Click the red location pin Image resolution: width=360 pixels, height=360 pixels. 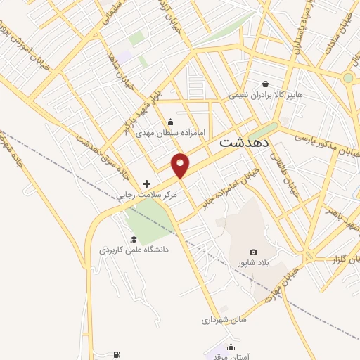point(181,165)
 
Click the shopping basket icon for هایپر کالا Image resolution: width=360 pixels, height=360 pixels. point(265,83)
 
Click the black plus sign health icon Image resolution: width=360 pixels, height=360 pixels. point(146,183)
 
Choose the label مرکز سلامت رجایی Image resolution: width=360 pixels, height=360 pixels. point(147,193)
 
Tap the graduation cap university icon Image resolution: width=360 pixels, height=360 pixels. point(133,240)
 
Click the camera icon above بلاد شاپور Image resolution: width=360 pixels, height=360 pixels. point(253,252)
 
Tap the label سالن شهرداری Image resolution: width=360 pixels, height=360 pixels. point(225,319)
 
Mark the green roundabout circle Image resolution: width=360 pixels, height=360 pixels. point(347,78)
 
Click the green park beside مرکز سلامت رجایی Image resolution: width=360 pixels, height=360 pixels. point(146,218)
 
